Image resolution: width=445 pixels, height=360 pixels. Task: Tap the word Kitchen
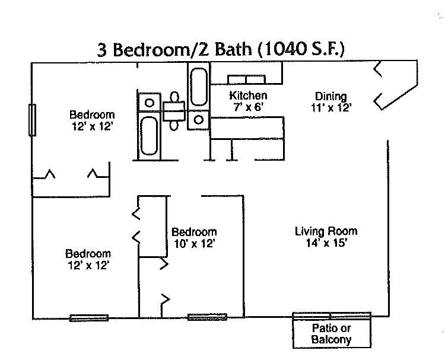tap(248, 95)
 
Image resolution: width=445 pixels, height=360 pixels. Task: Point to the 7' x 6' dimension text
tap(248, 107)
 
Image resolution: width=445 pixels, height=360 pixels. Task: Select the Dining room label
tap(331, 97)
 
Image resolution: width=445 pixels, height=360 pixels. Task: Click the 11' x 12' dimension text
tap(331, 108)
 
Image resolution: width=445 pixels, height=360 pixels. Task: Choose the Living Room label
tap(326, 231)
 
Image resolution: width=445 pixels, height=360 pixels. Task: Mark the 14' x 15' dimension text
tap(326, 243)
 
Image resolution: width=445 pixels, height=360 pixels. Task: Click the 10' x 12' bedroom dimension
tap(194, 243)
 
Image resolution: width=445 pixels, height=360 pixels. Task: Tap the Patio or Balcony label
tap(332, 334)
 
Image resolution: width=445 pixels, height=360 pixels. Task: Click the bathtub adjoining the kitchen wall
tap(199, 87)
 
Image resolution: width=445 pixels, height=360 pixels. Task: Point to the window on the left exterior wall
tap(33, 120)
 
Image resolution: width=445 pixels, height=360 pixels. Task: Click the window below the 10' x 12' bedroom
tap(207, 317)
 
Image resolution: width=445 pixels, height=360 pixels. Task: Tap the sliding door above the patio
tap(332, 315)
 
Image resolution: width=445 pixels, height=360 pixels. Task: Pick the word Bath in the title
tap(233, 50)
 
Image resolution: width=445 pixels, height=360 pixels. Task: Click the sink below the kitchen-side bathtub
tap(198, 120)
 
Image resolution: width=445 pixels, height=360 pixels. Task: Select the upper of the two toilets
tap(175, 97)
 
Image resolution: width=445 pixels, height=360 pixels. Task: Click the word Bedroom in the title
tap(151, 50)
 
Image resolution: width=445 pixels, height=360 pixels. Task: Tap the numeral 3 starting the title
tap(102, 50)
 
